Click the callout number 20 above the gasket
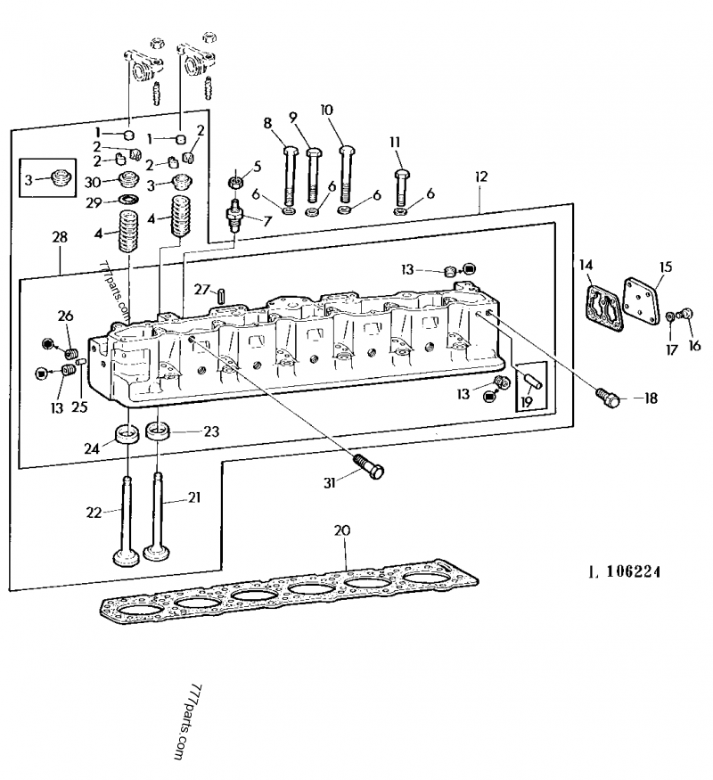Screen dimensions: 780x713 pyautogui.click(x=341, y=530)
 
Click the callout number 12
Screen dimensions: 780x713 pyautogui.click(x=481, y=177)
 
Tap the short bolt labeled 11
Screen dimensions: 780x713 pyautogui.click(x=401, y=186)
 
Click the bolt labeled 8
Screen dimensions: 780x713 pyautogui.click(x=288, y=175)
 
